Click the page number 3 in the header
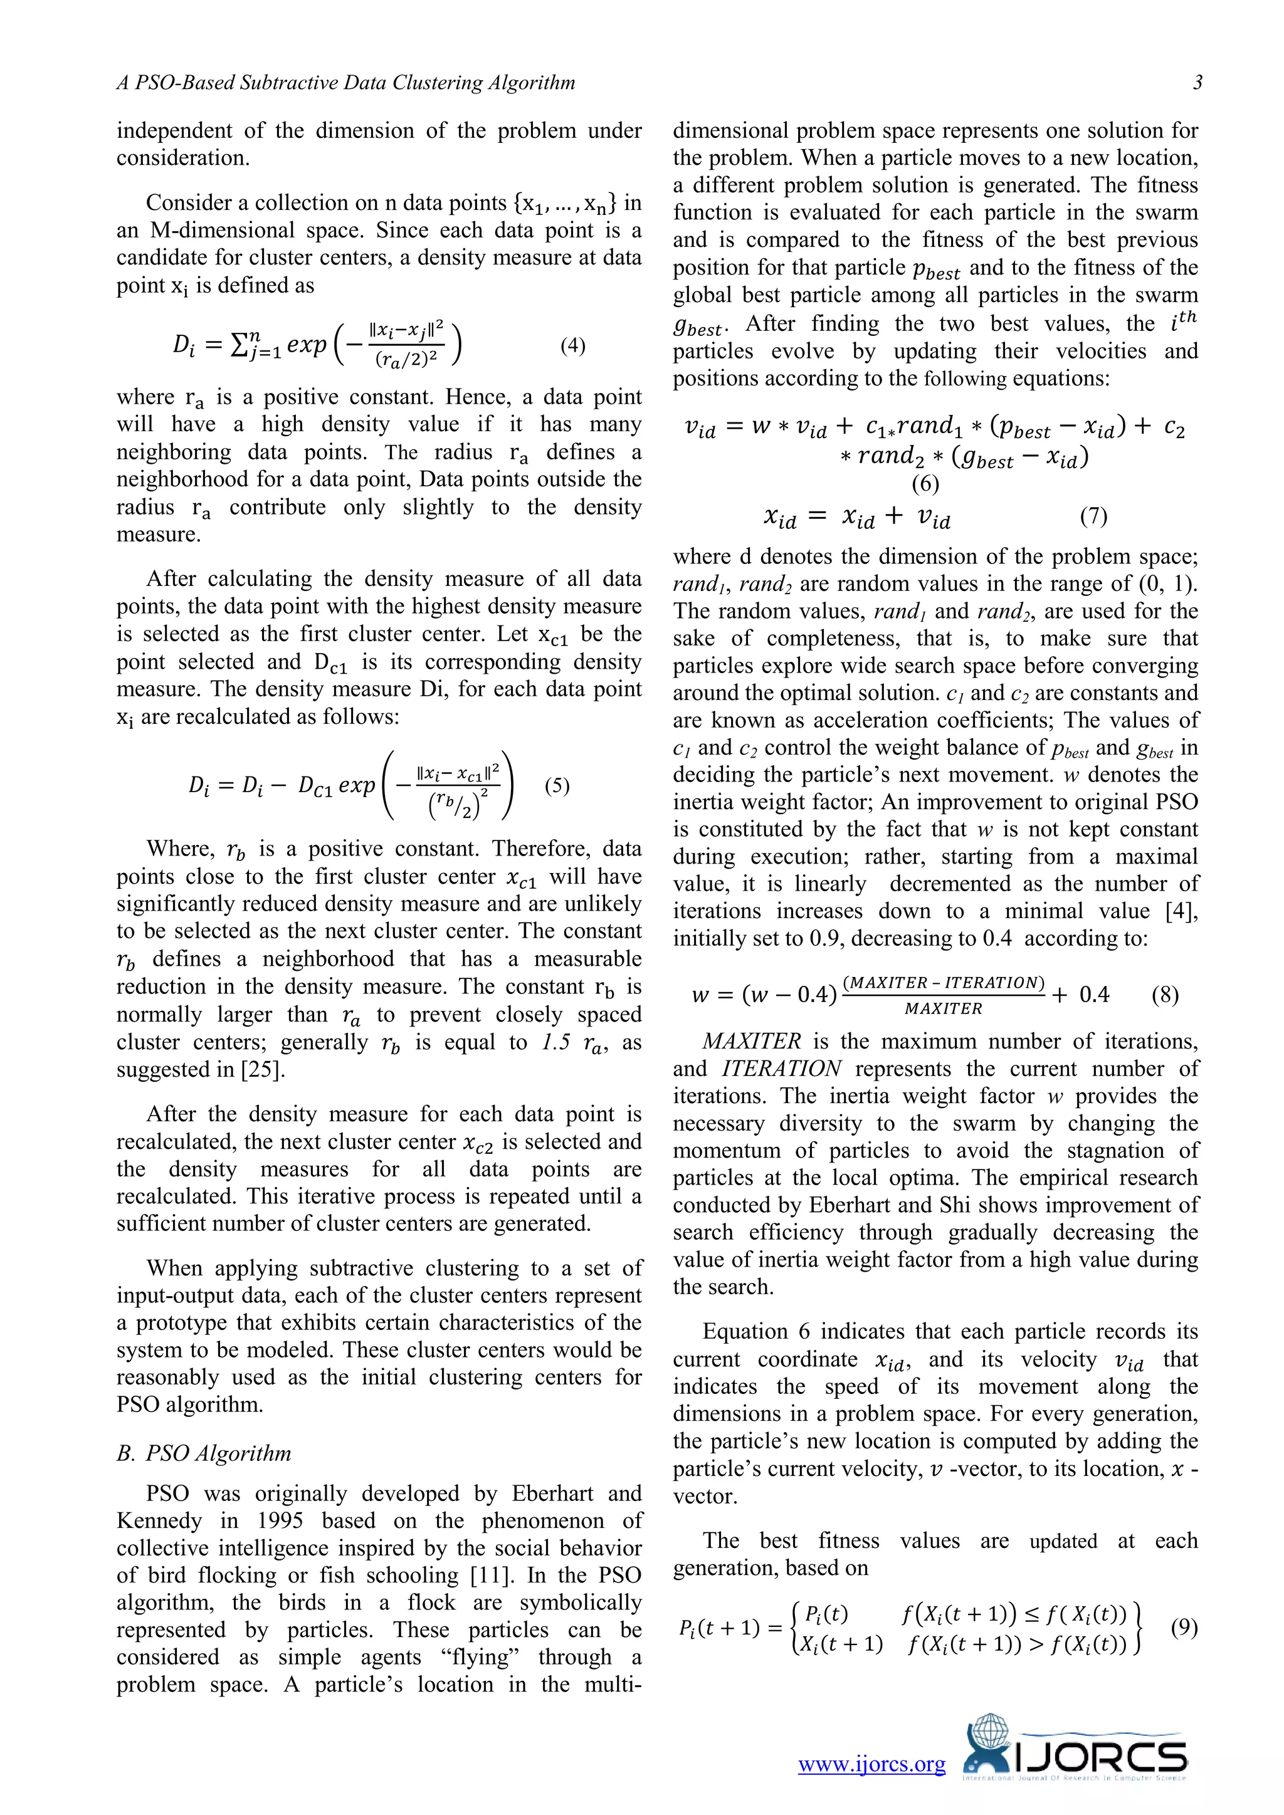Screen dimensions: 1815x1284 tap(1197, 82)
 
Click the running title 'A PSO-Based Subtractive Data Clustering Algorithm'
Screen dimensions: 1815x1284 tap(345, 82)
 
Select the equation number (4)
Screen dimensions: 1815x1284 tap(572, 345)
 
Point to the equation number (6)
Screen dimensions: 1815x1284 tap(925, 483)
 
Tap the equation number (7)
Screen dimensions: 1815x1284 tap(1093, 516)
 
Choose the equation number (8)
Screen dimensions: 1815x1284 tap(1165, 995)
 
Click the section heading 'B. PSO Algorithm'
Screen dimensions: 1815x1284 tap(204, 1453)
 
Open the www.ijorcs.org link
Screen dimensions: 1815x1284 tap(871, 1764)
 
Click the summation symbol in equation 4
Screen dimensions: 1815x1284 tap(238, 345)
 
